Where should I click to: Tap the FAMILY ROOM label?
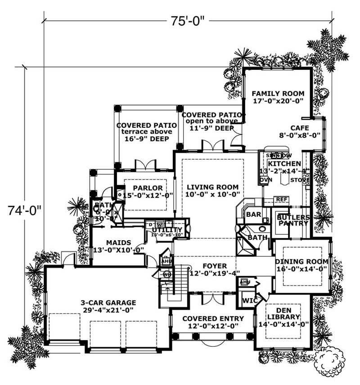click(x=278, y=94)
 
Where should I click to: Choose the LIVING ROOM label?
click(x=213, y=187)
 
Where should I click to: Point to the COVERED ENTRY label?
click(x=213, y=318)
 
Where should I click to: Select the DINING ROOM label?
click(x=301, y=262)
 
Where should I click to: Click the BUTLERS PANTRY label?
click(x=293, y=220)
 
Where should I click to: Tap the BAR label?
click(x=253, y=215)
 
